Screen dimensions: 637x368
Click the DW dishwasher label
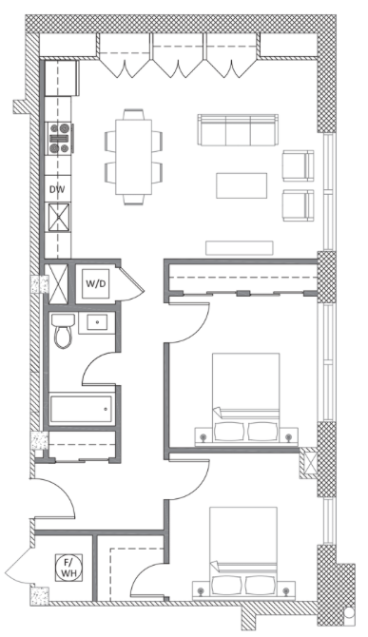[x=58, y=189]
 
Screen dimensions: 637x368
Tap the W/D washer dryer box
[x=95, y=283]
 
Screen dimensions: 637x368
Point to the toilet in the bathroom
[x=64, y=332]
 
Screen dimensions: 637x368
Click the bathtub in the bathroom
[x=81, y=411]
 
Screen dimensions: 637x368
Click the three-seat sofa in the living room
[x=237, y=128]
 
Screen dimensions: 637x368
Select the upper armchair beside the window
[x=298, y=164]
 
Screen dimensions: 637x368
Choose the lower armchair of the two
[x=298, y=203]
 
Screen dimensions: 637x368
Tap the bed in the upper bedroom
[x=244, y=395]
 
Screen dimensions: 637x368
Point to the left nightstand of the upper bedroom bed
[x=202, y=435]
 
